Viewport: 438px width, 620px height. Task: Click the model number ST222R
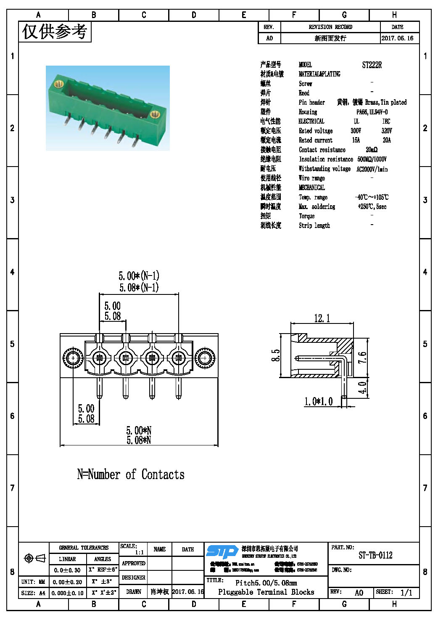click(x=372, y=65)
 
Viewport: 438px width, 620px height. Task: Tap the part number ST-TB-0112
click(x=375, y=555)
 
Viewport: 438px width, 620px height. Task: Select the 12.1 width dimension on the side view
click(x=322, y=318)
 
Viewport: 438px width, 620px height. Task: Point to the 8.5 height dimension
click(x=276, y=355)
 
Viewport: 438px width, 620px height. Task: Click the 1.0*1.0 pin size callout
click(x=318, y=402)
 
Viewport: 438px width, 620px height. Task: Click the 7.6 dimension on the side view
click(x=362, y=358)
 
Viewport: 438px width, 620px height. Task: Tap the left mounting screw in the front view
click(x=73, y=358)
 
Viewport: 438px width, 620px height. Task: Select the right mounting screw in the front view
click(x=205, y=358)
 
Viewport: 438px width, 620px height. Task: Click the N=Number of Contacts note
click(x=131, y=474)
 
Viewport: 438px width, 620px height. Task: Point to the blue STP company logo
click(x=222, y=551)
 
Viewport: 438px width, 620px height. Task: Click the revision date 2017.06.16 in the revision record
click(x=397, y=38)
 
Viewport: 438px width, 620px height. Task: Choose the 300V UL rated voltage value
click(x=356, y=131)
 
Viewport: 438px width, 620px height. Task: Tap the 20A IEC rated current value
click(x=386, y=140)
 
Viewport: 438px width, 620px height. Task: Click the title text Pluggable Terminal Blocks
click(x=266, y=592)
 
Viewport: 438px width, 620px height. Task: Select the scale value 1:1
click(x=139, y=552)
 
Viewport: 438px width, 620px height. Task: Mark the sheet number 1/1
click(x=406, y=593)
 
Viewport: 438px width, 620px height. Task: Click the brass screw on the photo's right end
click(x=154, y=113)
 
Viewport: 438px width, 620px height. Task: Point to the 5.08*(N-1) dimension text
click(x=139, y=288)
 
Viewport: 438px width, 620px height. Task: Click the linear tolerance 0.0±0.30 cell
click(x=67, y=570)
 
